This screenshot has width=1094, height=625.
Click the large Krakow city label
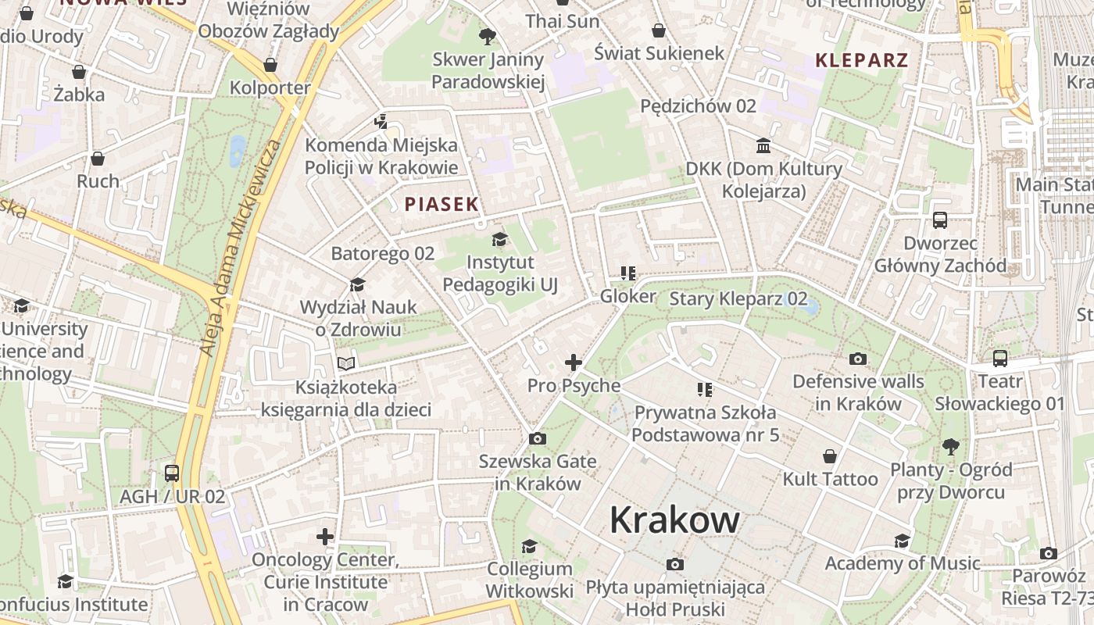click(674, 520)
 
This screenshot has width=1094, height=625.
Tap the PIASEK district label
click(442, 205)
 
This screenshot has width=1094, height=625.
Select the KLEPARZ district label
click(862, 60)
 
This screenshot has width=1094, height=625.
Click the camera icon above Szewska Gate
click(537, 438)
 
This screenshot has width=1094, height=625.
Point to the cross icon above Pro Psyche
click(574, 362)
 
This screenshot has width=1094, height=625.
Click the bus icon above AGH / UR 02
click(172, 473)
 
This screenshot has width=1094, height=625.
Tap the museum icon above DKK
click(763, 146)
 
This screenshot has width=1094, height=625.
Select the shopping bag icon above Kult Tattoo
click(830, 456)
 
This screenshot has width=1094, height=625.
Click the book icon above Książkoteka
click(346, 363)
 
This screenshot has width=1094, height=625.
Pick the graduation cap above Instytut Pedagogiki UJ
click(499, 239)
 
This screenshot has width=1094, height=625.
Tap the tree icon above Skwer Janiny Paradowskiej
click(488, 36)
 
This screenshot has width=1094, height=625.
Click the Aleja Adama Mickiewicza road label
click(240, 248)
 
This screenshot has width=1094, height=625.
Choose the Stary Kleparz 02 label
click(738, 298)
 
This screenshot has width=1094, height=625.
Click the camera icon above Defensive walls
click(858, 359)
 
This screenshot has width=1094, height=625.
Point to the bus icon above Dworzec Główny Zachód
click(940, 220)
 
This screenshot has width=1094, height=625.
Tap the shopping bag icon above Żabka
click(79, 73)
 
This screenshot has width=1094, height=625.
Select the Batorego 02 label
click(382, 254)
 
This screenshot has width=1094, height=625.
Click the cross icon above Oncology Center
click(325, 537)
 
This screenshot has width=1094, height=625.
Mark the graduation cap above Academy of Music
click(902, 541)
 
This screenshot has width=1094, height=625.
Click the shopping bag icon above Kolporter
click(270, 65)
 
